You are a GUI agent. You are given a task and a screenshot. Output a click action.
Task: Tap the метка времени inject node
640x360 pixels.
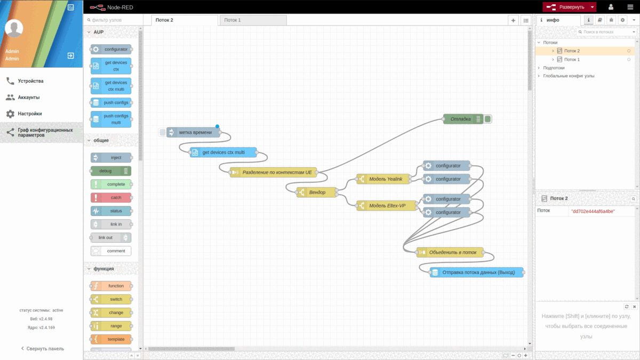[x=195, y=132]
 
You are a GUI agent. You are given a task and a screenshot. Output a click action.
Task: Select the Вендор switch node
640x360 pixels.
[x=318, y=192]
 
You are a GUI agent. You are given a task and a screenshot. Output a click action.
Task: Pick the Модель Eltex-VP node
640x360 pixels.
[x=387, y=206]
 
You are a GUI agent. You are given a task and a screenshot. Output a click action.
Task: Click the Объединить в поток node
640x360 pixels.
[x=451, y=252]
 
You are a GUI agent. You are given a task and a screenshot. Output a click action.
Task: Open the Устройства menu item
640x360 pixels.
[x=30, y=81]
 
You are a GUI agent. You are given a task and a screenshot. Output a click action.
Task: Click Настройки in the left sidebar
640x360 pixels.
[x=30, y=114]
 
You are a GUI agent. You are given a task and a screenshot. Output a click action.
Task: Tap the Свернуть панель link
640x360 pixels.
[x=42, y=348]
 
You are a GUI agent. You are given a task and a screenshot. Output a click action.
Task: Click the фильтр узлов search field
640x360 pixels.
[x=115, y=20]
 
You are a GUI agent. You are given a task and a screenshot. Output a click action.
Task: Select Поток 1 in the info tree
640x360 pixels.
[x=572, y=59]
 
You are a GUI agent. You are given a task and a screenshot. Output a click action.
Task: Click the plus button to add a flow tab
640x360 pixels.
[x=513, y=20]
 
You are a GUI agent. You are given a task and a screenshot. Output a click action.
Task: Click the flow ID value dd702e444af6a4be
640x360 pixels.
[x=593, y=211]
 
